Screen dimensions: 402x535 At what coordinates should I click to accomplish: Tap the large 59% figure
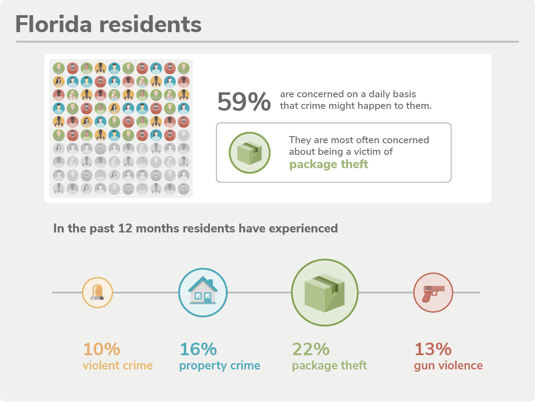point(244,102)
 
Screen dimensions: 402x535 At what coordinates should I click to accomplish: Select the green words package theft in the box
point(329,164)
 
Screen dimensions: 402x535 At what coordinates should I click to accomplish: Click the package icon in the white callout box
point(249,153)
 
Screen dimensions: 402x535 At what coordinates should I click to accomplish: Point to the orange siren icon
point(98,292)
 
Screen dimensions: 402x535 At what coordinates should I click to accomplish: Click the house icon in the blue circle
point(203,292)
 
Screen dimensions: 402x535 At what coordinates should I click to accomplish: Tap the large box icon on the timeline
point(325,292)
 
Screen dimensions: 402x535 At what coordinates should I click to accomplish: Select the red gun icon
point(433,292)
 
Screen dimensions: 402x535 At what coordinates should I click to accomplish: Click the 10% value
point(102,349)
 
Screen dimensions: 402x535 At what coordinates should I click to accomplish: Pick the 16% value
point(198,349)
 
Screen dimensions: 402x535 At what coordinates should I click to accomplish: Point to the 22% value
point(311,349)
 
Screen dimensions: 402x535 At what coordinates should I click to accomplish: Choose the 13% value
point(433,349)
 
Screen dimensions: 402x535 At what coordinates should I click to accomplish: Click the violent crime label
point(118,366)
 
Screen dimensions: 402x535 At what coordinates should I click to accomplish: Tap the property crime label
point(220,366)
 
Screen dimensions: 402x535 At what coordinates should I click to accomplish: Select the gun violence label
point(448,366)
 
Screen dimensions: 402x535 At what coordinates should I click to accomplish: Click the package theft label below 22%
point(329,366)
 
